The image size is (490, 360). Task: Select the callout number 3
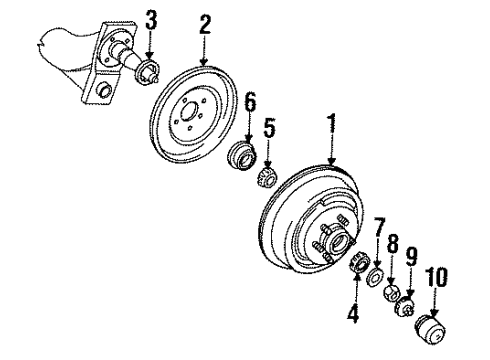pos(151,19)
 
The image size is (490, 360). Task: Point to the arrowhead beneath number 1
pos(330,163)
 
